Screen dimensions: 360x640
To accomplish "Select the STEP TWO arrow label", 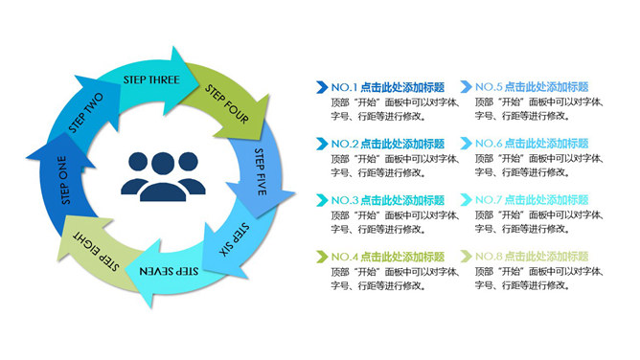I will [x=86, y=112].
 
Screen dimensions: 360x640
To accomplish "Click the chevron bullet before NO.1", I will [x=322, y=87].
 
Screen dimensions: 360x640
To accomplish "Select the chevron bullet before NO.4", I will [x=322, y=257].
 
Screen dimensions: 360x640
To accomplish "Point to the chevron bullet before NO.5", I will [x=466, y=87].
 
